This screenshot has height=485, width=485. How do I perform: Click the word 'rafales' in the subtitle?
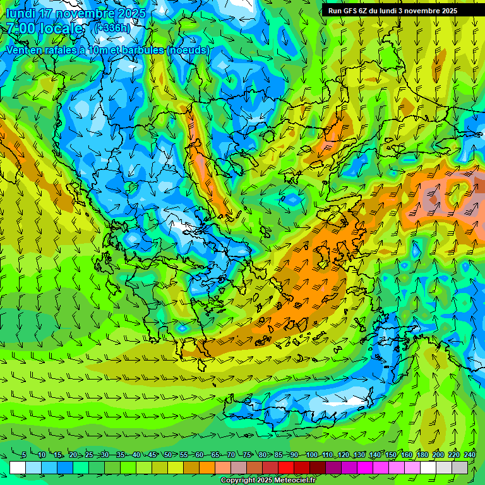coord(57,50)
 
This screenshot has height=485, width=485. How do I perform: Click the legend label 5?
coord(23,455)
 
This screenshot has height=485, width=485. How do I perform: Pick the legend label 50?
coord(167,455)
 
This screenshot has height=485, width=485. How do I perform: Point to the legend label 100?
coord(311,455)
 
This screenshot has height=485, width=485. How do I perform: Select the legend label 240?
coord(470,455)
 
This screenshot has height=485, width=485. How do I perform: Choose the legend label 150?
coord(391,455)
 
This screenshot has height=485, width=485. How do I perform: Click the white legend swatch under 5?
coord(18,467)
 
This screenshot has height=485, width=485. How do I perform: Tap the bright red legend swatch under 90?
coord(287,467)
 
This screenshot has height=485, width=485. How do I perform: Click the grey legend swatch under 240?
coord(460,467)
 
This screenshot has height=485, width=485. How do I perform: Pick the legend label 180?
coord(422,455)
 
